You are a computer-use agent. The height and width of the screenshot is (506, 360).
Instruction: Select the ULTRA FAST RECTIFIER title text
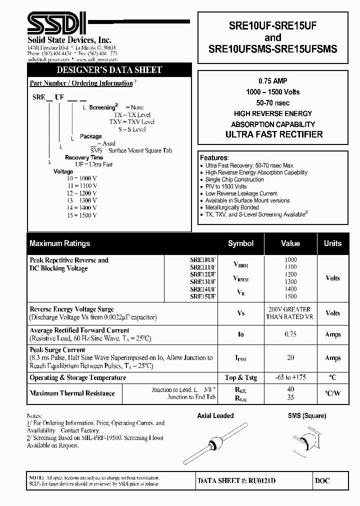[x=274, y=134]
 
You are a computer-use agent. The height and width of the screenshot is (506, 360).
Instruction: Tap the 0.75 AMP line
[x=273, y=81]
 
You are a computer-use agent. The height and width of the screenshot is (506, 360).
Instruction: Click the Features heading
[x=214, y=157]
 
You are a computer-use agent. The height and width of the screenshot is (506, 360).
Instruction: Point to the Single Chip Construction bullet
[x=234, y=179]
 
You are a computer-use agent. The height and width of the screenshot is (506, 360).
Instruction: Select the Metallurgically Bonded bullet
[x=232, y=207]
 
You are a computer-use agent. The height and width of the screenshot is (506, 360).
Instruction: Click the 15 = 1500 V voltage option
[x=81, y=215]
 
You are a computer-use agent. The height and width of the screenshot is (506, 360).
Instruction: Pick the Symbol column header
[x=240, y=243]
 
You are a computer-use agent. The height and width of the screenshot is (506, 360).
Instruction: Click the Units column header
[x=332, y=243]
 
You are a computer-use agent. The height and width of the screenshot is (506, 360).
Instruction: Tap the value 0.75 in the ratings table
[x=290, y=334]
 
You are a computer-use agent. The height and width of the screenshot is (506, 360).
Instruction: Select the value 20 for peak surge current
[x=290, y=358]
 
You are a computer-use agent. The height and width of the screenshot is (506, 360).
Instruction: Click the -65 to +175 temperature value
[x=290, y=377]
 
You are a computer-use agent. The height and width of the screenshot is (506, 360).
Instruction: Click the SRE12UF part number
[x=202, y=274]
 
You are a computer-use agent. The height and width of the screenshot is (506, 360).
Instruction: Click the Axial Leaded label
[x=215, y=416]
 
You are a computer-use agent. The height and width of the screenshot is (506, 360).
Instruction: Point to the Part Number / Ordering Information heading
[x=81, y=83]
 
